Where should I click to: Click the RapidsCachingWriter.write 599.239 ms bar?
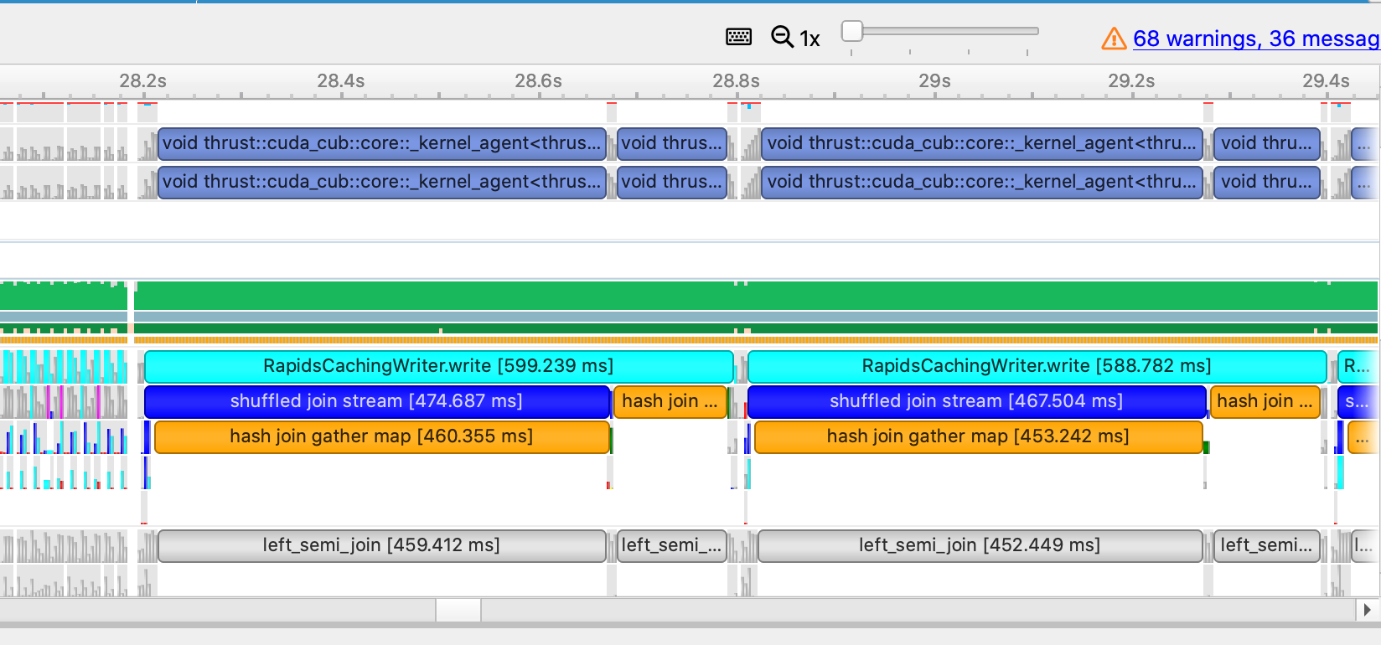[438, 366]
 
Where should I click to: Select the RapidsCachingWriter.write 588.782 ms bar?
[1036, 366]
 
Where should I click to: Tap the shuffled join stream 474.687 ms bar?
[376, 401]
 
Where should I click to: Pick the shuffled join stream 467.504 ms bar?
[975, 401]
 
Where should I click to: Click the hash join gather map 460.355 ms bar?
[381, 436]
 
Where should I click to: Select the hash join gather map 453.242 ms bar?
[977, 436]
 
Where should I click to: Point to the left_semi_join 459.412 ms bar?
[381, 545]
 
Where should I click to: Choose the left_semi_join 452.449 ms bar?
[979, 545]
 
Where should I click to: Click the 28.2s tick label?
[142, 81]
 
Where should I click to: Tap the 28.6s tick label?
[538, 81]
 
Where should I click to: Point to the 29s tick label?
[934, 81]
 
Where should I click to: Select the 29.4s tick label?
[1326, 81]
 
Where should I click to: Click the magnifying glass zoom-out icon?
[782, 37]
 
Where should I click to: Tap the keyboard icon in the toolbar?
[738, 37]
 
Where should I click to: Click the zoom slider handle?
[852, 31]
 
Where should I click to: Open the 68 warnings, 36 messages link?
[1255, 39]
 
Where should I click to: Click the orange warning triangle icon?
[1114, 39]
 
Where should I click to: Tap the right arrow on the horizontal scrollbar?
[1368, 610]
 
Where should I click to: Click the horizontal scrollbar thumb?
[458, 610]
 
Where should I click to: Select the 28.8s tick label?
[736, 81]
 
